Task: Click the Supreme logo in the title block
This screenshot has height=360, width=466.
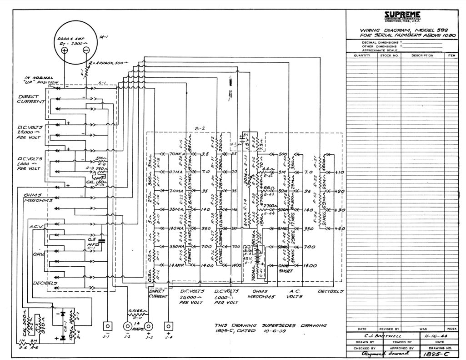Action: pos(403,15)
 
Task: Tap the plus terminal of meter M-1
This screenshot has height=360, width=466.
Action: pos(65,51)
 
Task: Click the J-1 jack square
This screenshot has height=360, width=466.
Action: pos(107,326)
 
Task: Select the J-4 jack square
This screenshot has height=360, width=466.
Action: pos(169,326)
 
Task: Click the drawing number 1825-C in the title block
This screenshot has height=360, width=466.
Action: pos(433,353)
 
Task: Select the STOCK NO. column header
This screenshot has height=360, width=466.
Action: pos(389,56)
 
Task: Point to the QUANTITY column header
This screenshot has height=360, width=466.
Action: pos(362,56)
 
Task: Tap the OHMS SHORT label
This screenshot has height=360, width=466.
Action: pos(286,268)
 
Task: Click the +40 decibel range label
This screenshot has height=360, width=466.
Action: pos(340,228)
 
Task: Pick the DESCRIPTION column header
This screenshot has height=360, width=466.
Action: pos(422,56)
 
